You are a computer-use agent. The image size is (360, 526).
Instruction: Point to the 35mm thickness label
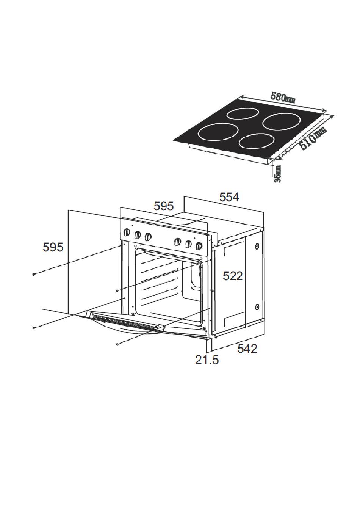pos(278,174)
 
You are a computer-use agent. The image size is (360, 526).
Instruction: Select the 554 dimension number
pos(229,197)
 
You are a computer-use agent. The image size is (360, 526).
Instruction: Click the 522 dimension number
pos(233,276)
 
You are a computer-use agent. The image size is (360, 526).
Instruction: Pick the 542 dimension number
pos(247,349)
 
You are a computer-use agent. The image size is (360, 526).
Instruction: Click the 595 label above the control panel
pos(164,206)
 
